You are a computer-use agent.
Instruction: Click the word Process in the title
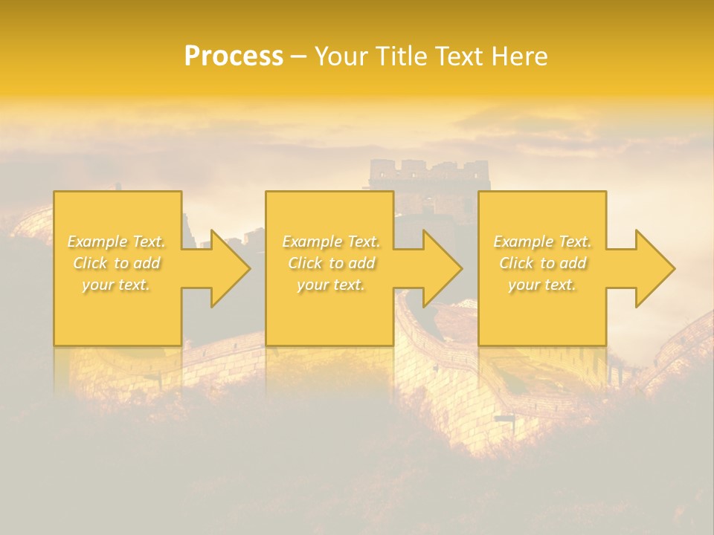pos(234,56)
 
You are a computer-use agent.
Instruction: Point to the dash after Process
pos(299,57)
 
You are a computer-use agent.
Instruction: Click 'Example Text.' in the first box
pos(117,241)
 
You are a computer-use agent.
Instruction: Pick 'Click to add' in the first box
pos(117,263)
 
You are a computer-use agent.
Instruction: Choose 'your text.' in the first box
pos(117,285)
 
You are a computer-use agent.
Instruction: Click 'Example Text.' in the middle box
pos(331,241)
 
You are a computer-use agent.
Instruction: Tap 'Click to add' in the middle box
pos(331,263)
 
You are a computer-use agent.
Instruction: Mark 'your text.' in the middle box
pos(331,285)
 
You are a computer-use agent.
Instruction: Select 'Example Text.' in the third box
pos(542,241)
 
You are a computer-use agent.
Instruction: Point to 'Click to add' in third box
pos(542,263)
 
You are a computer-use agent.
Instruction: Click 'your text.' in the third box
pos(542,285)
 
